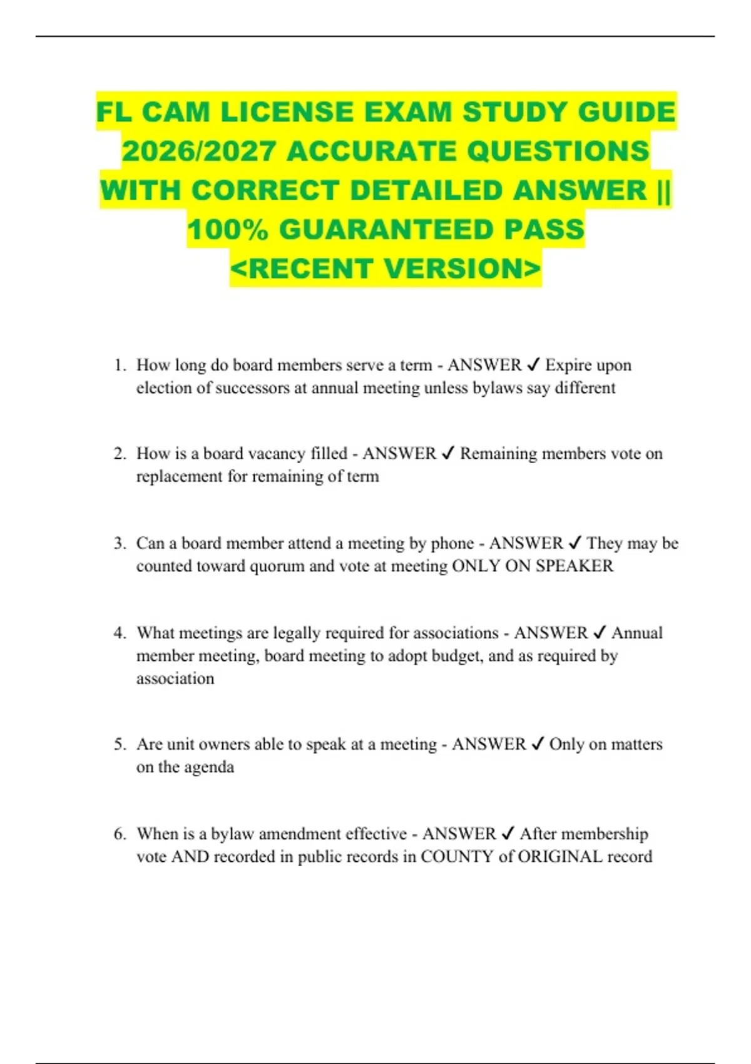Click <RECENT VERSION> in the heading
point(386,268)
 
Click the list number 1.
point(120,365)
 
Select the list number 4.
point(120,633)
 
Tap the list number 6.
point(120,834)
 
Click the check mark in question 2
point(448,453)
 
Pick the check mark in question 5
point(537,744)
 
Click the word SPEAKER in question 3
point(575,566)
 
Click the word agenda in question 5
point(209,767)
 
